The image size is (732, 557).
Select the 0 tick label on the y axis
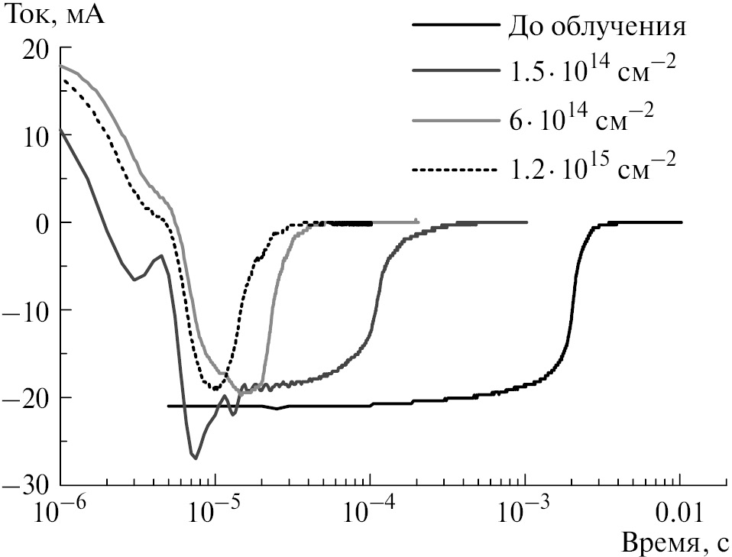pyautogui.click(x=44, y=222)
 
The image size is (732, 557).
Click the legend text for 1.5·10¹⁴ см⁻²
pyautogui.click(x=592, y=72)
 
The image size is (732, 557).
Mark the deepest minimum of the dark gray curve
pyautogui.click(x=196, y=458)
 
